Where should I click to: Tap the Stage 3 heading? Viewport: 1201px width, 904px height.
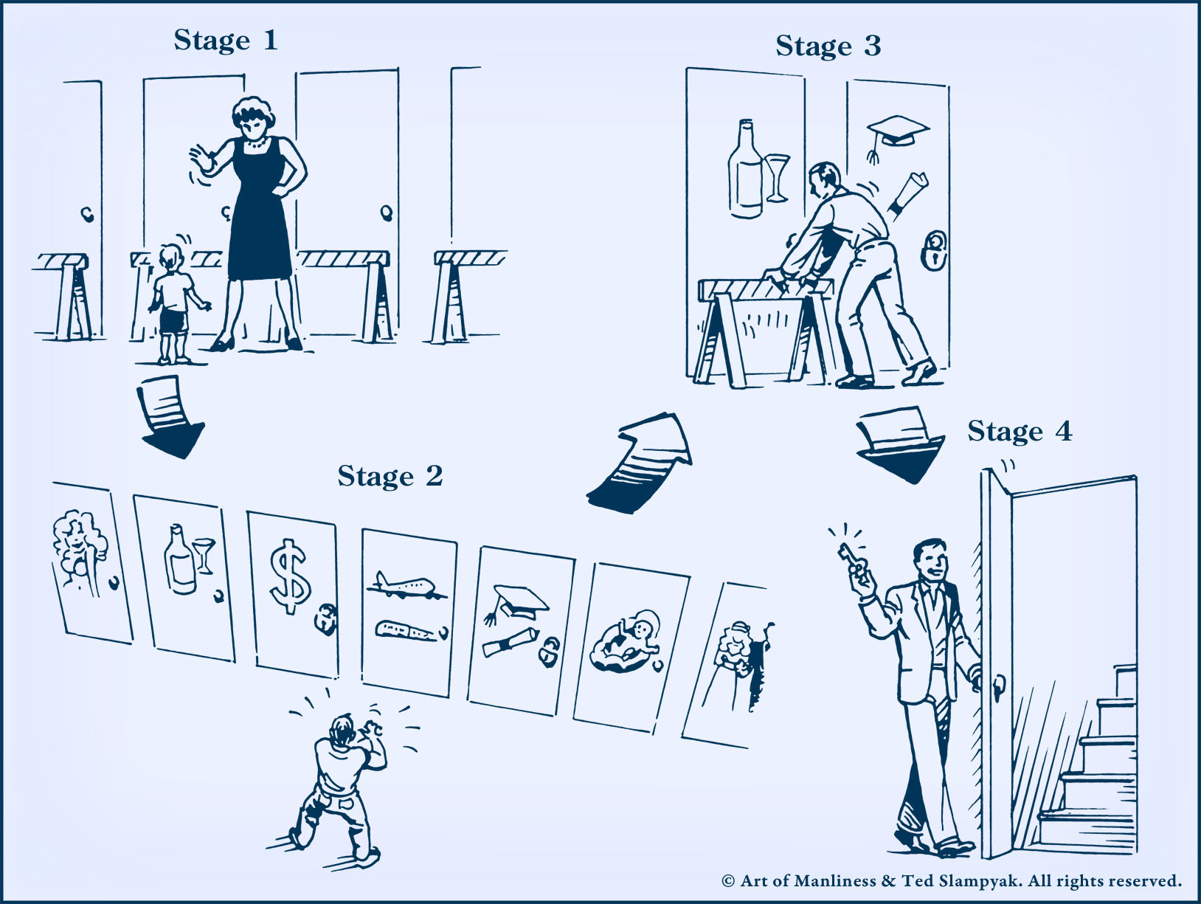[828, 46]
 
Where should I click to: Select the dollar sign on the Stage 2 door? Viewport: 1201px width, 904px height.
[290, 576]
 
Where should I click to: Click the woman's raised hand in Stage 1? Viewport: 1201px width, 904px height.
[202, 159]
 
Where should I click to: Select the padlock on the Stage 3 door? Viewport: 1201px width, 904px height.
[933, 250]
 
